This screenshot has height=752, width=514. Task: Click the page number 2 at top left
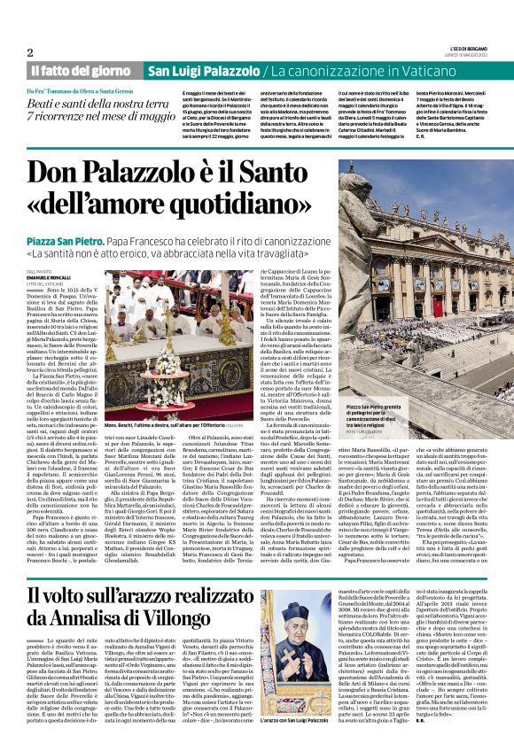(31, 52)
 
